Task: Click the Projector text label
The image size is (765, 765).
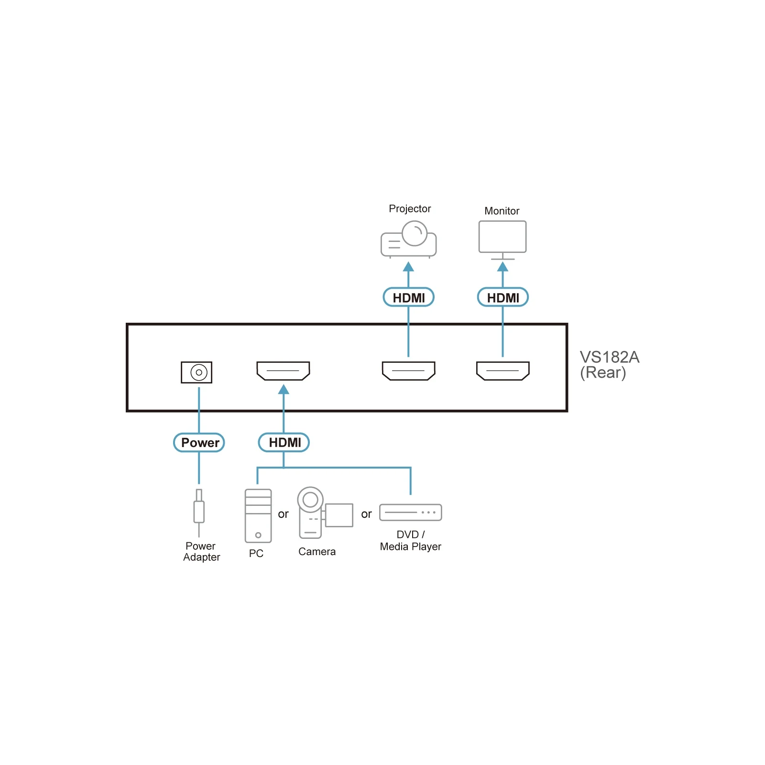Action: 410,209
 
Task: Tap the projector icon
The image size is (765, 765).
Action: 408,239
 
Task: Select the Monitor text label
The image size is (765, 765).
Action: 502,211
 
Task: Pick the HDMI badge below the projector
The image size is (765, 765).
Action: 408,297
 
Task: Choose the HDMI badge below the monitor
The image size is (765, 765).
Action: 503,297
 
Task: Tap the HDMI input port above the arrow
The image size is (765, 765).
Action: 283,371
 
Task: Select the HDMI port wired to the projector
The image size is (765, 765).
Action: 408,371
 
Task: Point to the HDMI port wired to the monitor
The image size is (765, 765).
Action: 503,371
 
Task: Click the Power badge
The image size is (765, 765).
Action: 199,443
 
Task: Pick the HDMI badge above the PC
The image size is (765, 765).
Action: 284,443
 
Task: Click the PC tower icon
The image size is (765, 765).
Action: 258,515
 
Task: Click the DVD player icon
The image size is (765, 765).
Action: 410,513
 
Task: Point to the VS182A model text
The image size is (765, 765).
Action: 609,357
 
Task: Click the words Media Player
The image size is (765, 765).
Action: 410,546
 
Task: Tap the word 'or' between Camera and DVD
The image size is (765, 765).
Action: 366,514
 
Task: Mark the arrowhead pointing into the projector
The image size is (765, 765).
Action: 408,266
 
